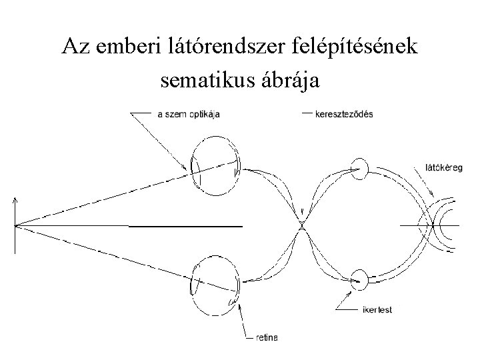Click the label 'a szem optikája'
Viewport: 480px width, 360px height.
pos(189,114)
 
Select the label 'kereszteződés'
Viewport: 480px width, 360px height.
pos(346,114)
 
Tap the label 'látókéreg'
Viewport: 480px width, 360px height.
pos(443,167)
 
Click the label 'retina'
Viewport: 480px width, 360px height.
pos(267,337)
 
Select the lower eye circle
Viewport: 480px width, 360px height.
pos(214,287)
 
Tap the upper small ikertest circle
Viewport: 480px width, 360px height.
pos(359,169)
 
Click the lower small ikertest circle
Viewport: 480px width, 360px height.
pos(359,280)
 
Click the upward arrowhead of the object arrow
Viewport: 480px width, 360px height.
pos(15,199)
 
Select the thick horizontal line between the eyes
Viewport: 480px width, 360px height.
pos(185,227)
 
